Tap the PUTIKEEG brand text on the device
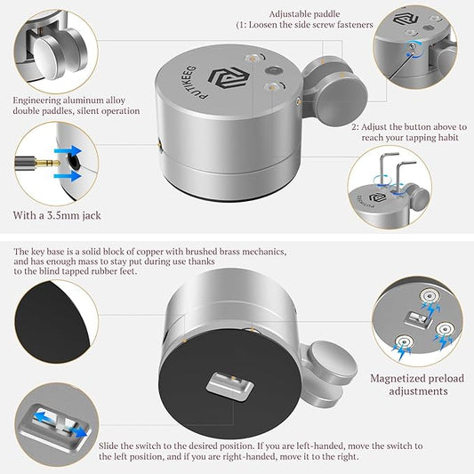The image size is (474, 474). [x=191, y=82]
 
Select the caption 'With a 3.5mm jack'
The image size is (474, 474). [x=57, y=215]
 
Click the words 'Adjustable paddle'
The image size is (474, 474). [x=304, y=14]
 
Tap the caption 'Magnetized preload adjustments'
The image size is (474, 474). [x=417, y=384]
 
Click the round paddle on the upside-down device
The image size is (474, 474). [x=332, y=361]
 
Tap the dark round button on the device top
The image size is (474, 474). [x=274, y=71]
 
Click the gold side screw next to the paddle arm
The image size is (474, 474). [x=298, y=101]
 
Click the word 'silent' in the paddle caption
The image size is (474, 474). [x=88, y=111]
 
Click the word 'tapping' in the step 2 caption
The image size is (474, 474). [x=420, y=138]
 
